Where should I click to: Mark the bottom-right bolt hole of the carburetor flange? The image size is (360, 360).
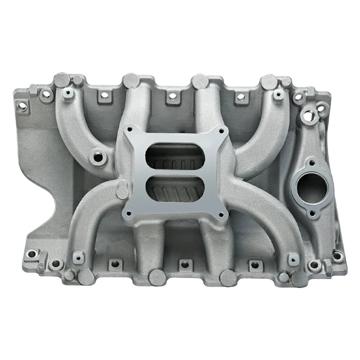(x=221, y=216)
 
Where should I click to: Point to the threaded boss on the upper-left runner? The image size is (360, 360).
(x=98, y=157)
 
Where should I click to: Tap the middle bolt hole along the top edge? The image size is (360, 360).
(x=173, y=96)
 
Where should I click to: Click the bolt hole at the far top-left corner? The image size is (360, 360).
(x=22, y=106)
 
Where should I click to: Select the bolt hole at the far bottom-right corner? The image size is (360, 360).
(x=337, y=256)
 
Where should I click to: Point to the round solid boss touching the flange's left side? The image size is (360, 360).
(x=123, y=190)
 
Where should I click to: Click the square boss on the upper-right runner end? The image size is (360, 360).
(x=278, y=94)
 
